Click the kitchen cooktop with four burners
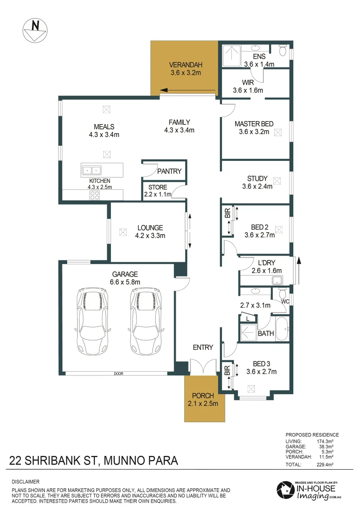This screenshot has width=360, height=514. pyautogui.click(x=95, y=195)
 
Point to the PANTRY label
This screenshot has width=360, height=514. pyautogui.click(x=170, y=171)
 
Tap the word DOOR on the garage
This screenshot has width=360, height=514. pyautogui.click(x=119, y=374)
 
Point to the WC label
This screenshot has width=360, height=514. pyautogui.click(x=285, y=301)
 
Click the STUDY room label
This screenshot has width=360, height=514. pyautogui.click(x=257, y=178)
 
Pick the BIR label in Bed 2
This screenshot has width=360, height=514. pyautogui.click(x=227, y=214)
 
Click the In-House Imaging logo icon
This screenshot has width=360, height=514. pyautogui.click(x=286, y=490)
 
